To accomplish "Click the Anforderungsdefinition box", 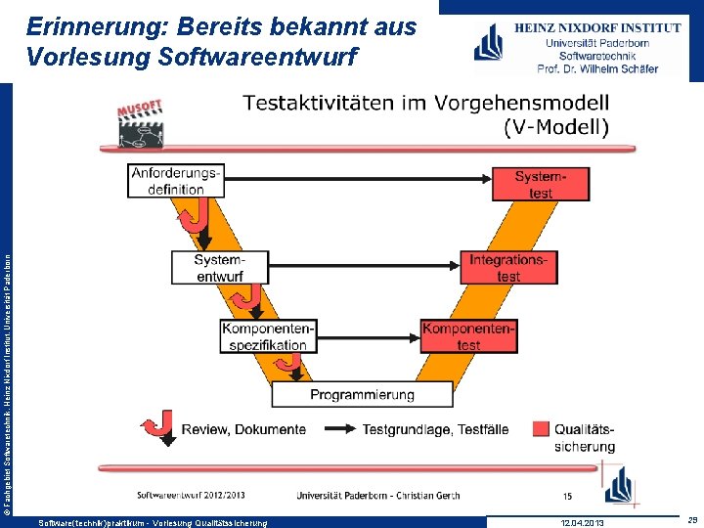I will [176, 181].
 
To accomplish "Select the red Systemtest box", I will [541, 184].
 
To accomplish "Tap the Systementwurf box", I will [219, 268].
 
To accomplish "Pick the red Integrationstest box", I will [508, 268].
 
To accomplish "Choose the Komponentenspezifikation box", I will [268, 336].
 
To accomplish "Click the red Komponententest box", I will [468, 336].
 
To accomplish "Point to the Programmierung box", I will [362, 394].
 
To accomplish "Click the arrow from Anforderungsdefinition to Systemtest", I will [362, 178].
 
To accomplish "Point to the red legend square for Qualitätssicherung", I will [541, 428].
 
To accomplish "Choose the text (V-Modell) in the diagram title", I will [556, 126].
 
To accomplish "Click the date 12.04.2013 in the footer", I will [583, 523].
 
